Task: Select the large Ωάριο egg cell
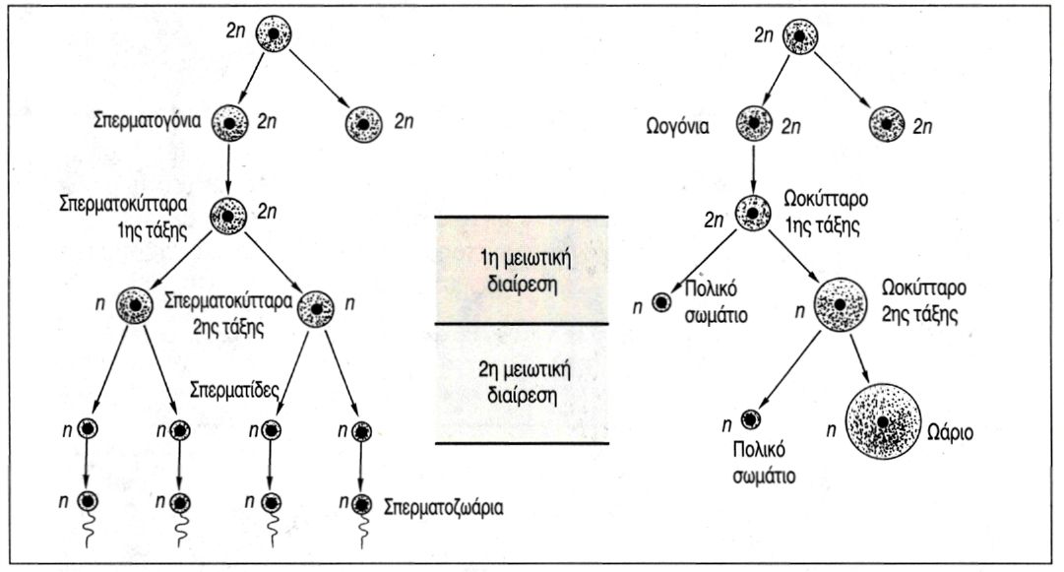point(883,420)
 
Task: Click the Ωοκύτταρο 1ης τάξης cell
point(756,212)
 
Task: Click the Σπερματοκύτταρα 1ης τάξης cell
point(228,214)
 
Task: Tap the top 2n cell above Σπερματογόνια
point(275,35)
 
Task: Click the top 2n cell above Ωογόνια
point(799,35)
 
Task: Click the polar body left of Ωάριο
point(753,421)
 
